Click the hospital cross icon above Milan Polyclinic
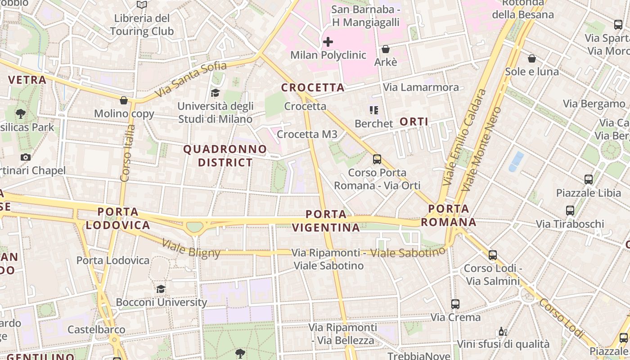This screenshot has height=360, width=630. click(x=328, y=42)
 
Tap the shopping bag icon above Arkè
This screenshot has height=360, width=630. click(x=386, y=49)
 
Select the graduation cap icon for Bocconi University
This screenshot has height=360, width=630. click(x=161, y=289)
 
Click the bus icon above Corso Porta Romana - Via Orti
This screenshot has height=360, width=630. click(x=377, y=159)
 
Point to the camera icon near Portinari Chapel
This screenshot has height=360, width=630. click(x=26, y=157)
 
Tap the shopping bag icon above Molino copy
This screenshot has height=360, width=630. click(x=124, y=100)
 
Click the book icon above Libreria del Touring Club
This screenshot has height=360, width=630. click(x=142, y=5)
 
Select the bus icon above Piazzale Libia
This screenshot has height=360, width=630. click(x=588, y=180)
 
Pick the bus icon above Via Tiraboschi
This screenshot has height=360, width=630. click(x=570, y=211)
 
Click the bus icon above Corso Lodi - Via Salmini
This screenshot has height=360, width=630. click(x=493, y=255)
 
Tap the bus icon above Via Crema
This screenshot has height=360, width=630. click(x=455, y=304)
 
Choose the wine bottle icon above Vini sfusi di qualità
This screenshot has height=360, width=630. click(x=503, y=332)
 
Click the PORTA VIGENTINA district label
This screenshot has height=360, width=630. click(x=326, y=220)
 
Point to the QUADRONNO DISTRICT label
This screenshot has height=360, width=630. click(x=225, y=156)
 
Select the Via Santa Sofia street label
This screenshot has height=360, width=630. click(x=191, y=80)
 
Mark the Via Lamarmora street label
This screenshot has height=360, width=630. click(x=421, y=87)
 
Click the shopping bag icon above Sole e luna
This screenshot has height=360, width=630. click(x=532, y=58)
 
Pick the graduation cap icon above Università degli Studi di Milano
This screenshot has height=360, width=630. click(x=215, y=93)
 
